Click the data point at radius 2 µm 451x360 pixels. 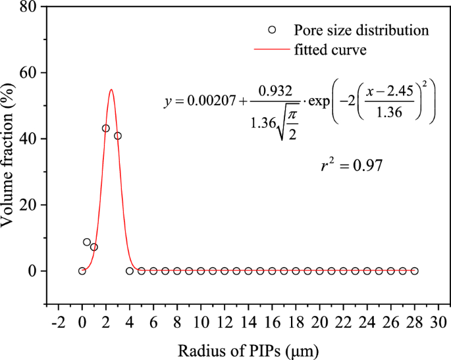[x=106, y=128]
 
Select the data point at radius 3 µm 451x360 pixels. [x=118, y=136]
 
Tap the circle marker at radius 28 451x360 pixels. [x=414, y=271]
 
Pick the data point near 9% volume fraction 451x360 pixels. [x=87, y=242]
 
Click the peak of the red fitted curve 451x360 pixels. [x=111, y=90]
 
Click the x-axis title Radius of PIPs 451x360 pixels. [x=248, y=348]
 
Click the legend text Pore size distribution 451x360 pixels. [x=361, y=30]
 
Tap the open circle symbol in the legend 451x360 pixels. [x=273, y=30]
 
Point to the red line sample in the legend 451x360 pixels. [x=273, y=49]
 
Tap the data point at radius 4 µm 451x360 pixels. [x=130, y=271]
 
